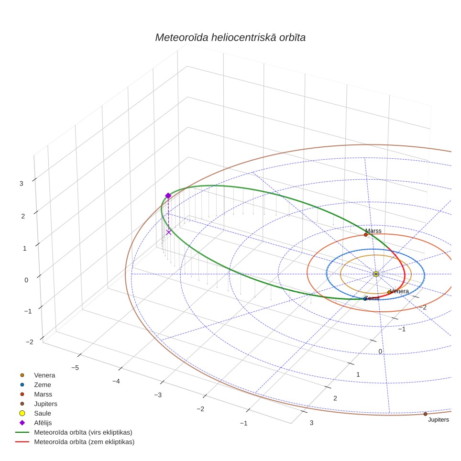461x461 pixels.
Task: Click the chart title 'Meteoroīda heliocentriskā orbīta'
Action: [230, 38]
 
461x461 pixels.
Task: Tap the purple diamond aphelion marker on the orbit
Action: [168, 196]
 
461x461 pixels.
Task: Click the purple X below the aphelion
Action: [168, 232]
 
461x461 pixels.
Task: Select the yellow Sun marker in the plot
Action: [376, 274]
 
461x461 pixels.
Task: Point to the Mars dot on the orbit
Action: [366, 235]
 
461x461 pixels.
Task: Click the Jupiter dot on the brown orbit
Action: [425, 414]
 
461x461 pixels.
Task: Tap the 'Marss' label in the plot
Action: [373, 231]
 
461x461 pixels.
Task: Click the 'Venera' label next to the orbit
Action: [400, 291]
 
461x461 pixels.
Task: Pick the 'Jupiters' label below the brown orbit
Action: [439, 420]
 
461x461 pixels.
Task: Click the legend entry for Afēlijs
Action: [35, 423]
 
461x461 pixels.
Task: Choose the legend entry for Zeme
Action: [35, 385]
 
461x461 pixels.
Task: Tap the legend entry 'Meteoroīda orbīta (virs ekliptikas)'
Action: [74, 432]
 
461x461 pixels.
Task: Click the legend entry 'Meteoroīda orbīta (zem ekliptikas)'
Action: [75, 442]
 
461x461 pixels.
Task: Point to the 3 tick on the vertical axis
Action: [22, 184]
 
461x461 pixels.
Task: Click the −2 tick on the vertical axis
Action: [30, 342]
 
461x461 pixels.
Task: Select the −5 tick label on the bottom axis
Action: [75, 368]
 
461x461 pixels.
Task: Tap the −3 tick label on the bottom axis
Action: [158, 395]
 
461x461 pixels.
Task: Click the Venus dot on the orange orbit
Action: [389, 292]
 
